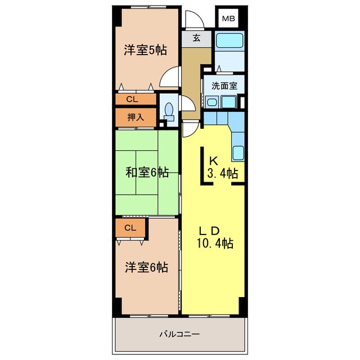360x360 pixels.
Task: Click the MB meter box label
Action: [228, 19]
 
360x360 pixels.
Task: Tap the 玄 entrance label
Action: [196, 38]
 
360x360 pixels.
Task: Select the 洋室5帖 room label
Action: [146, 49]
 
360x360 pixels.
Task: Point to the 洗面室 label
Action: [224, 86]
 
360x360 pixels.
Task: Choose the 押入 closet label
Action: [136, 118]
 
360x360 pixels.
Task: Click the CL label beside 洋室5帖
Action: [132, 99]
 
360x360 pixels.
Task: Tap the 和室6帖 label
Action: [147, 172]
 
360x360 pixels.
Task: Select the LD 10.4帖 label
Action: [214, 237]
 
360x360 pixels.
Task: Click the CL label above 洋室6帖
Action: [130, 228]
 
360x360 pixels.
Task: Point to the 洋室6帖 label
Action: [146, 267]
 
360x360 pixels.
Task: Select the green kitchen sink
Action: [238, 152]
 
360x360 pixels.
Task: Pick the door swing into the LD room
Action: [190, 129]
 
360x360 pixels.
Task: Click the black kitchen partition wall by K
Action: [204, 165]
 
